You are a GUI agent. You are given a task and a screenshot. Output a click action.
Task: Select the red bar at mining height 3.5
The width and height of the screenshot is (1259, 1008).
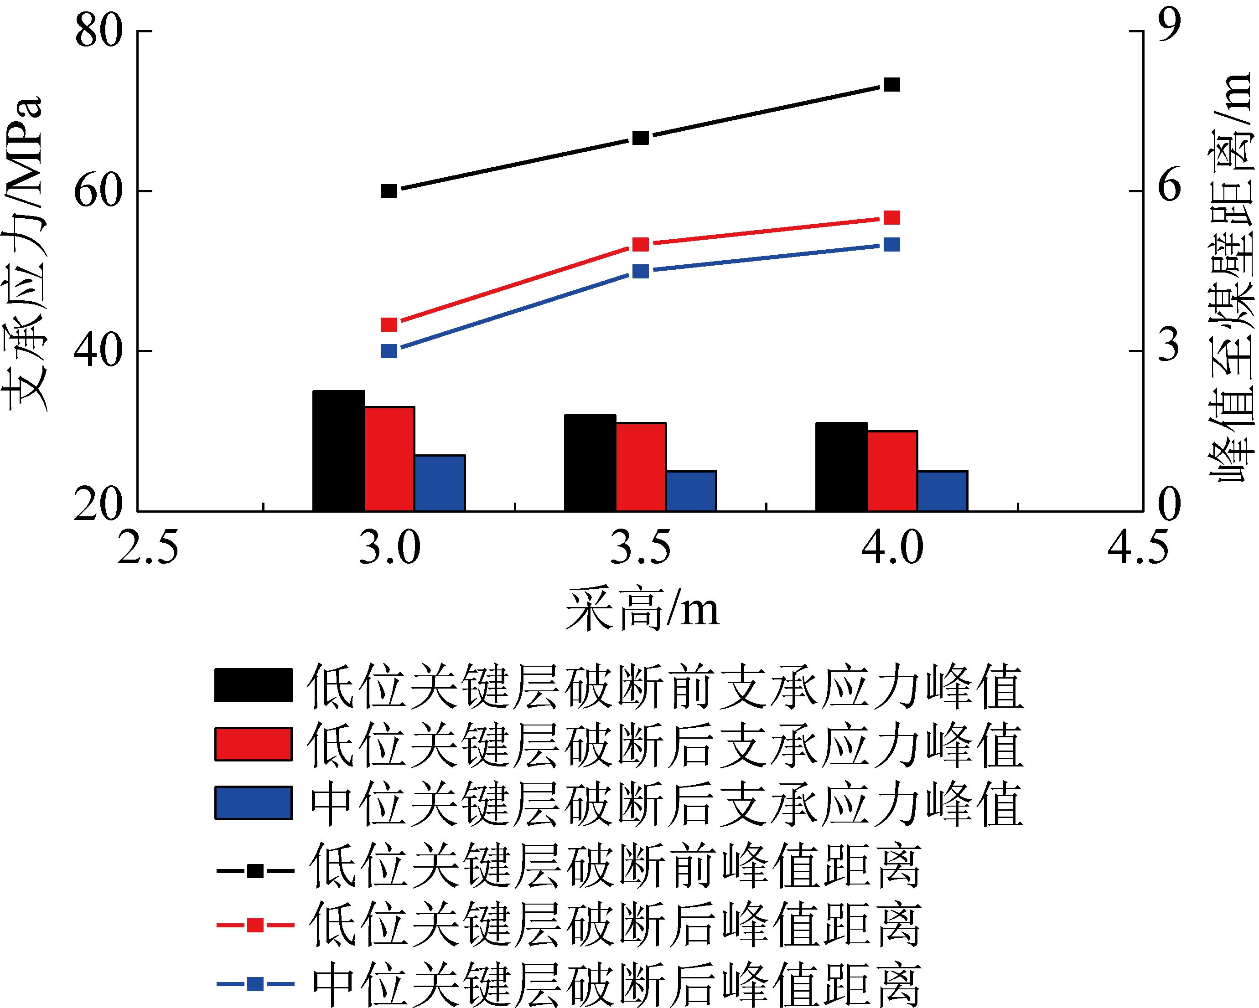point(641,467)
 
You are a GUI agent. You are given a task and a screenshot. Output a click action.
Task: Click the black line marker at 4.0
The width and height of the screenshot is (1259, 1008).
point(891,85)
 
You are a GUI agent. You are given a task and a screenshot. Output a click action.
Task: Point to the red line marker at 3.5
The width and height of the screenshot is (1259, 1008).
point(641,245)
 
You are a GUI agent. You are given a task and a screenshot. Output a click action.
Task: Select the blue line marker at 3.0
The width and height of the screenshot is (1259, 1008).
point(389,351)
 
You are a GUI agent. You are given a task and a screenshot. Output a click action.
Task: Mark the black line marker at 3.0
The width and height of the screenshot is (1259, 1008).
point(389,191)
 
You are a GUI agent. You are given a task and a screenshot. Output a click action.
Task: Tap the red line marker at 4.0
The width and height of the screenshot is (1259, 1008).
point(891,218)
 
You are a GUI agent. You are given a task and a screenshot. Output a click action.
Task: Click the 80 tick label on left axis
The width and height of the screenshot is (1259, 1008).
point(98,31)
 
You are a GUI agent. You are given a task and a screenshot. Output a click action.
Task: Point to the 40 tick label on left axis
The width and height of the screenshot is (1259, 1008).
point(98,351)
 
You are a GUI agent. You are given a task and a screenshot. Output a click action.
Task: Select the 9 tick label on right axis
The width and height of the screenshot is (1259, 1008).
point(1169,26)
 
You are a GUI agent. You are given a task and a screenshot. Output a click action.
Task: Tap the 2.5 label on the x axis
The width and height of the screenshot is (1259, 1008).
point(147,549)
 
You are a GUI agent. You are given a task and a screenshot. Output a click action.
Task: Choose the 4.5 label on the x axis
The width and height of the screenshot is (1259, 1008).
point(1138,549)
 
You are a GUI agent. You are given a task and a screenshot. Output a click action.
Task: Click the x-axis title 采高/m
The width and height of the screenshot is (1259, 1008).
point(642,610)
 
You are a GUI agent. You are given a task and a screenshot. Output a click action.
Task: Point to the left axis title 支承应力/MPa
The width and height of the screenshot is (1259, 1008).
point(23,254)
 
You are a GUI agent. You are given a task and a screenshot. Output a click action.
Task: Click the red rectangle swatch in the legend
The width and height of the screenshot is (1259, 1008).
point(254,744)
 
